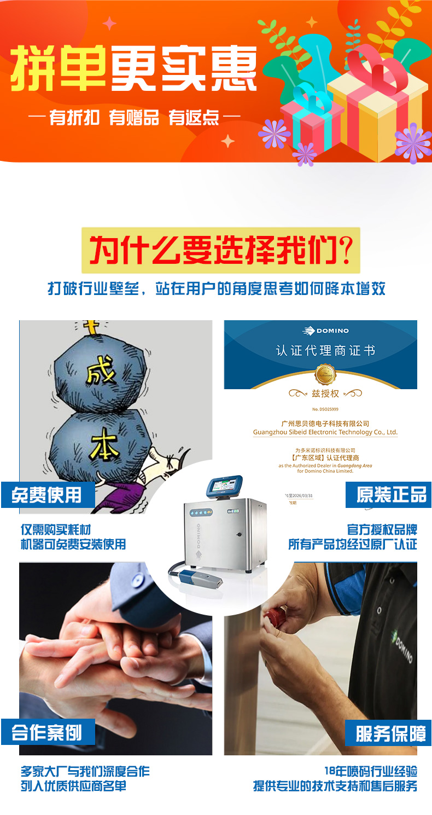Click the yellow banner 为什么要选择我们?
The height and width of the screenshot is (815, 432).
[221, 250]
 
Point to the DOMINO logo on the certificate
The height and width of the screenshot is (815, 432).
[326, 331]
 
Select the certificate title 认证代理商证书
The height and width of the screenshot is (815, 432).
[325, 350]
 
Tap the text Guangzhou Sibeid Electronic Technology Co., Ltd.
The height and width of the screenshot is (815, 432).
[325, 432]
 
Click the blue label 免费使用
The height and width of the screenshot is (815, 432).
[48, 495]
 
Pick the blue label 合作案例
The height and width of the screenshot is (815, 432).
[48, 732]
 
